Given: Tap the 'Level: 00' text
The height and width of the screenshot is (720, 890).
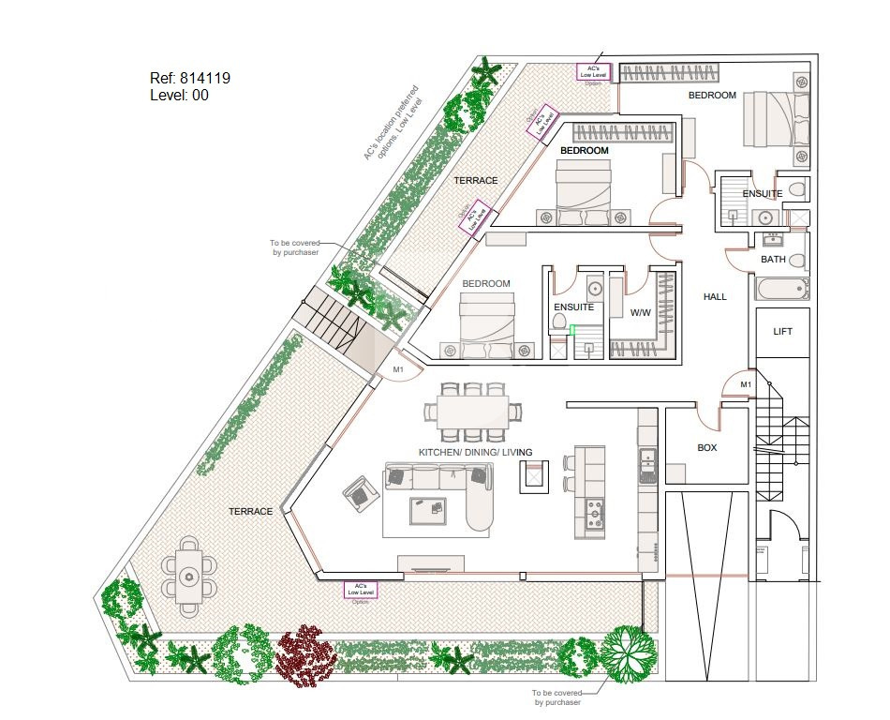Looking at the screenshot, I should [179, 95].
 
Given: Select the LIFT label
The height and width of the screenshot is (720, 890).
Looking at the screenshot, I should [782, 332].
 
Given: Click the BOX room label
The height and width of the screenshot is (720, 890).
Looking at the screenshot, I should [707, 448].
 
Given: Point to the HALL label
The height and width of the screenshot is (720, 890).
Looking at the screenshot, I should [715, 297].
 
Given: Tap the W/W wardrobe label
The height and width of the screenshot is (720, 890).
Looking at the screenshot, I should [641, 312].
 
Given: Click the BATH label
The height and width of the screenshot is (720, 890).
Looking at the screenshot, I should [773, 260].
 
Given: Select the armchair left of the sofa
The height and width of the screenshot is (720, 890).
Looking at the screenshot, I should [357, 490].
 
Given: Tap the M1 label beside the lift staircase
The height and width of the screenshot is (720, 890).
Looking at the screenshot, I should [746, 384].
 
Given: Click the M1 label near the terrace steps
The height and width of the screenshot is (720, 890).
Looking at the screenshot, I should [398, 370].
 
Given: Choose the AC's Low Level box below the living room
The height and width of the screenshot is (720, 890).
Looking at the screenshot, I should [362, 590].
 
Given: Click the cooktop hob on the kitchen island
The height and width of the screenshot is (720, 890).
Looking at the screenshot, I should [593, 513].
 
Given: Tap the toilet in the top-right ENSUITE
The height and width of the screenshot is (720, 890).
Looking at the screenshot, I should [797, 189].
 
